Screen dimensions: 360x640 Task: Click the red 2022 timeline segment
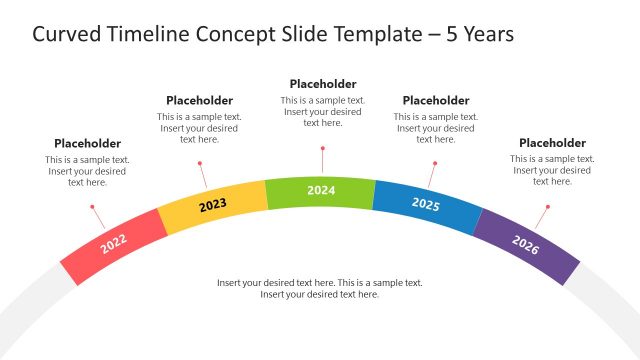113,243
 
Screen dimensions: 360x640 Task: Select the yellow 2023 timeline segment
213,206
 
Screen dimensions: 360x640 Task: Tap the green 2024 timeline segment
321,190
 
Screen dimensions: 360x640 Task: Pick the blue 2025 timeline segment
426,205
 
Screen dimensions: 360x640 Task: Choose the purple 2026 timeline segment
526,245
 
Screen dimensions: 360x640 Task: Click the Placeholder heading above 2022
87,143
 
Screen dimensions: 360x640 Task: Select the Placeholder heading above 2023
199,100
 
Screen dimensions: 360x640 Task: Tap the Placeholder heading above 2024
323,84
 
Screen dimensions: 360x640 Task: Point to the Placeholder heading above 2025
435,100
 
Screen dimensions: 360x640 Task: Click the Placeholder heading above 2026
552,143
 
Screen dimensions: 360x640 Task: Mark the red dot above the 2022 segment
92,207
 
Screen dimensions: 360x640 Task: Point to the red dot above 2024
322,147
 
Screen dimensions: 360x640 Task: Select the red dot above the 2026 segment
549,207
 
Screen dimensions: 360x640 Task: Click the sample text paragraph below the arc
320,288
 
